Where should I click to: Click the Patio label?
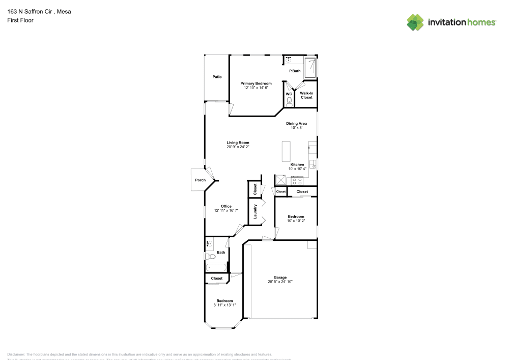click(217, 77)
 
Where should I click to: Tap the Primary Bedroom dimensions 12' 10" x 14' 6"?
click(256, 88)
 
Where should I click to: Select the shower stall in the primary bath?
click(310, 68)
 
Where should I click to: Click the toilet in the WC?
click(289, 102)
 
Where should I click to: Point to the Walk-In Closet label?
click(306, 95)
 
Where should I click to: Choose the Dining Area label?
click(296, 123)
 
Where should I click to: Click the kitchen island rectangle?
click(285, 151)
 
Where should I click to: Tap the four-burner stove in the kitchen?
click(297, 180)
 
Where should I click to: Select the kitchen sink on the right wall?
click(314, 164)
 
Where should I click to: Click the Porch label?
click(201, 180)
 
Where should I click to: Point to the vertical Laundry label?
click(255, 211)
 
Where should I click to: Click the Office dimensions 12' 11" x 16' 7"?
click(226, 210)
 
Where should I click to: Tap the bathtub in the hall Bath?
click(216, 267)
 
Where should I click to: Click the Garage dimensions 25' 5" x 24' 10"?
click(280, 282)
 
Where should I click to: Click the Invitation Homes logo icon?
click(415, 22)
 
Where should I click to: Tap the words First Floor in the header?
click(20, 20)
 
